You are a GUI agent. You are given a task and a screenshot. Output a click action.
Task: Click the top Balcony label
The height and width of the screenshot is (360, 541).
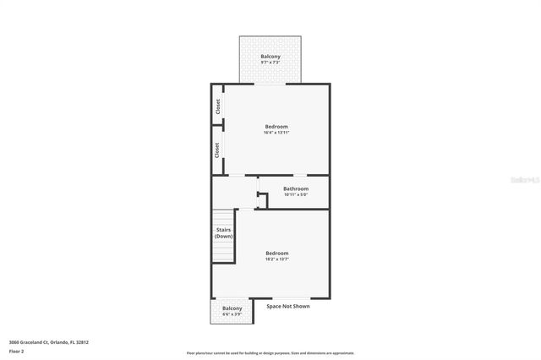point(270,57)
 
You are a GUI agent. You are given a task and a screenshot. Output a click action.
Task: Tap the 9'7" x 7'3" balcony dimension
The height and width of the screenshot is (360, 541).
point(270,63)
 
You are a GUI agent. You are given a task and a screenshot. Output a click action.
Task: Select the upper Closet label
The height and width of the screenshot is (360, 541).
point(217,106)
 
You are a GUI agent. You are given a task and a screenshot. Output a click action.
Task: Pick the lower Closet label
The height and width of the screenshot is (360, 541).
point(217,150)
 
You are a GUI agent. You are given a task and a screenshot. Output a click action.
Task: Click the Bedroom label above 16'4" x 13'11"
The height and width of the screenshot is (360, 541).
point(276,127)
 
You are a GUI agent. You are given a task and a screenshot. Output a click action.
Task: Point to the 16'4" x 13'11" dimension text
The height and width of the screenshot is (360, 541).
point(276,133)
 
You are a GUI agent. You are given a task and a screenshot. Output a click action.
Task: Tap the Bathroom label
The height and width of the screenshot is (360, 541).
point(295,188)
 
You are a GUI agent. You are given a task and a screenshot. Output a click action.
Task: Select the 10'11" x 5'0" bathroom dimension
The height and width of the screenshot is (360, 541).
point(295,194)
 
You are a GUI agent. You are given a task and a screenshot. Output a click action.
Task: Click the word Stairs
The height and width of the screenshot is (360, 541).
point(223,230)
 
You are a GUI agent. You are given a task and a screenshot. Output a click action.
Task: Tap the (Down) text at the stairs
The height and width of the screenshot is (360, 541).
point(223,237)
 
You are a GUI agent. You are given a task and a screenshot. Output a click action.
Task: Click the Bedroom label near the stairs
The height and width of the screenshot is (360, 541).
point(276,254)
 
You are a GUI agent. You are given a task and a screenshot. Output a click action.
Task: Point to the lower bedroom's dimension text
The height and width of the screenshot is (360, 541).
point(276,259)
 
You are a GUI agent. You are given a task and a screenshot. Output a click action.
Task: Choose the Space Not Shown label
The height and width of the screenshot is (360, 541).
point(288,306)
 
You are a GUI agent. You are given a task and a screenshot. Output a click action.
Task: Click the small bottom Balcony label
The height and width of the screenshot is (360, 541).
point(232,308)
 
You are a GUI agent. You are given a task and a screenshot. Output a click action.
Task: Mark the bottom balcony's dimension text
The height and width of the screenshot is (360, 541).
point(232,314)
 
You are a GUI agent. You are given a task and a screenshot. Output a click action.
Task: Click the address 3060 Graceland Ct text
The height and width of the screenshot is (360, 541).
point(48,342)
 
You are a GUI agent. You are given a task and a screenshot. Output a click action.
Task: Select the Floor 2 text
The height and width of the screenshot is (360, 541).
point(17,350)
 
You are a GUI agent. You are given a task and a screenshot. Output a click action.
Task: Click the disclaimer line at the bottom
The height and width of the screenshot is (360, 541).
point(270,353)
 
